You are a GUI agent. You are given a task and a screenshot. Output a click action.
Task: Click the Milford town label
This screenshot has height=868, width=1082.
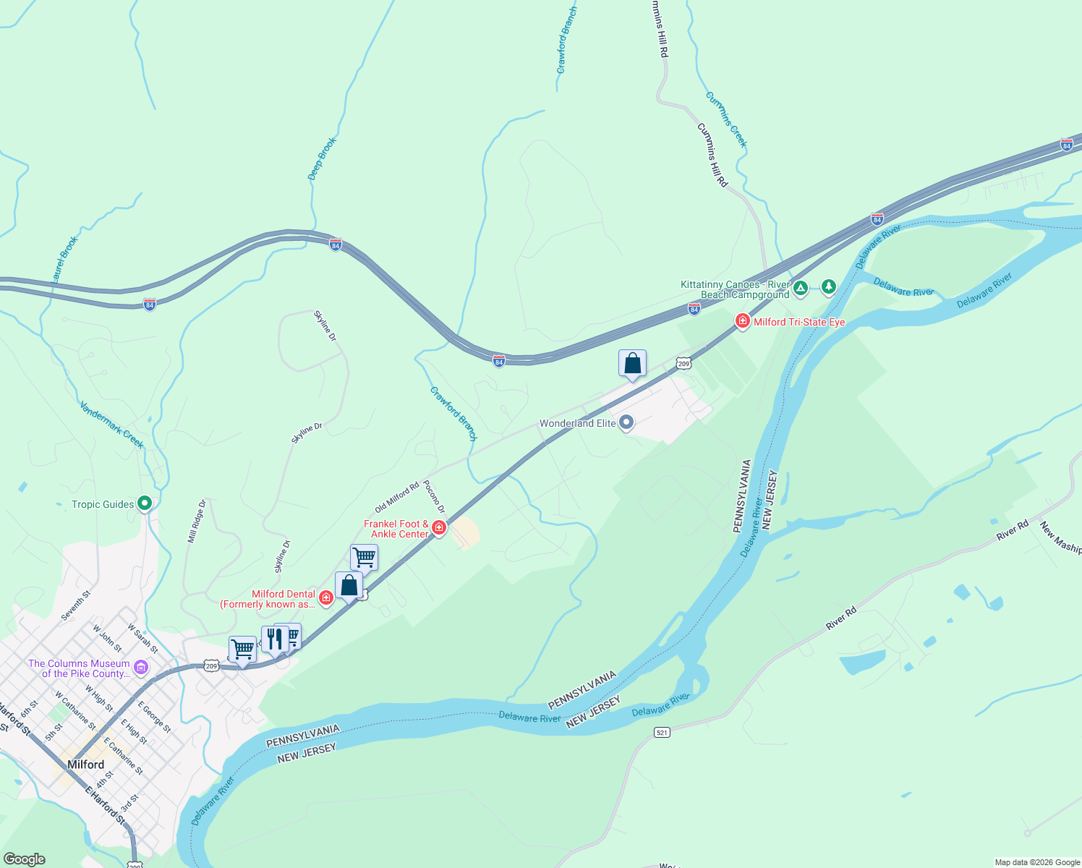[85, 765]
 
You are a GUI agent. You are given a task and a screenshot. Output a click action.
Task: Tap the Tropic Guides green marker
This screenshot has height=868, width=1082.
[145, 503]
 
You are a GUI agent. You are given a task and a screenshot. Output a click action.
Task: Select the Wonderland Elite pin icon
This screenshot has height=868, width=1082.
[627, 422]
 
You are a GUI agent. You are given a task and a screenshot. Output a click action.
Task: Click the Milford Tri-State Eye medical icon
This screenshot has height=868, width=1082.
[742, 320]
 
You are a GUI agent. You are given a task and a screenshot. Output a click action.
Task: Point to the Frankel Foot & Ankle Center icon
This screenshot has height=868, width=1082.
[439, 528]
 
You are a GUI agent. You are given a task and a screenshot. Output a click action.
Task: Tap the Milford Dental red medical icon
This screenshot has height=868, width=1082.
[326, 597]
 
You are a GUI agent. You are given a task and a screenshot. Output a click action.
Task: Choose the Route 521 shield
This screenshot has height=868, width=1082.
[662, 733]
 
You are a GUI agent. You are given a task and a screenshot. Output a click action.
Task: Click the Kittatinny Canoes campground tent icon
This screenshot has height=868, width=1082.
[801, 289]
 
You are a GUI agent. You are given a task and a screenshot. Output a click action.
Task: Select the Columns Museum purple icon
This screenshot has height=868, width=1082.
[141, 666]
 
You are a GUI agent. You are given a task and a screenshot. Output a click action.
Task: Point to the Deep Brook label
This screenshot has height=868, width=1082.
[323, 159]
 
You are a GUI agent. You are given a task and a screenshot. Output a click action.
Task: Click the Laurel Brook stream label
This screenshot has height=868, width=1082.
[64, 259]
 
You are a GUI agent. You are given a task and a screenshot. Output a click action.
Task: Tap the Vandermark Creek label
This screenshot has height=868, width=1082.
[112, 425]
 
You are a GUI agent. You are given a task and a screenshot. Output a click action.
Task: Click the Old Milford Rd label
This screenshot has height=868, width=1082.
[397, 498]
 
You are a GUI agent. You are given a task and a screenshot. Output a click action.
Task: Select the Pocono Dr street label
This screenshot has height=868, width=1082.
[434, 496]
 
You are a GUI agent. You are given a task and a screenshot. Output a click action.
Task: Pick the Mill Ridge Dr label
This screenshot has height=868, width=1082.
[197, 521]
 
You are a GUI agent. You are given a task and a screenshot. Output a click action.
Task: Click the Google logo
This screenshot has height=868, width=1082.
[25, 859]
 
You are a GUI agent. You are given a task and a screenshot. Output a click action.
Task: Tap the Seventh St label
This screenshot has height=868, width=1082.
[76, 605]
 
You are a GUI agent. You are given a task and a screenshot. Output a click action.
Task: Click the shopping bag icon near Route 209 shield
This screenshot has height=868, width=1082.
[632, 363]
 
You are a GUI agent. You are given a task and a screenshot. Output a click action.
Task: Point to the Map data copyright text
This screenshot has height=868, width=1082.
[1037, 862]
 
